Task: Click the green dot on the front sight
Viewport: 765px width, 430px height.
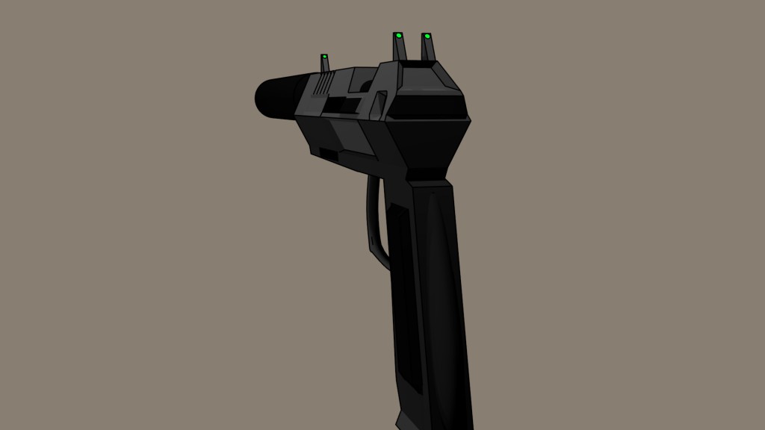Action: tap(324, 57)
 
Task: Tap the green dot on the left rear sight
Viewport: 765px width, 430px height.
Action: tap(398, 35)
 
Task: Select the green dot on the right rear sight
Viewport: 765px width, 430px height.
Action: tap(426, 35)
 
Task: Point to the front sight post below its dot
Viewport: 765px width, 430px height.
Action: tap(325, 66)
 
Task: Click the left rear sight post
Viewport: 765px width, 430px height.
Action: tap(399, 49)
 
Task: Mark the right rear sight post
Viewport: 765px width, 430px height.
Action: tap(428, 49)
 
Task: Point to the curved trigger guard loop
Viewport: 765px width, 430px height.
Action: tap(373, 224)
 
